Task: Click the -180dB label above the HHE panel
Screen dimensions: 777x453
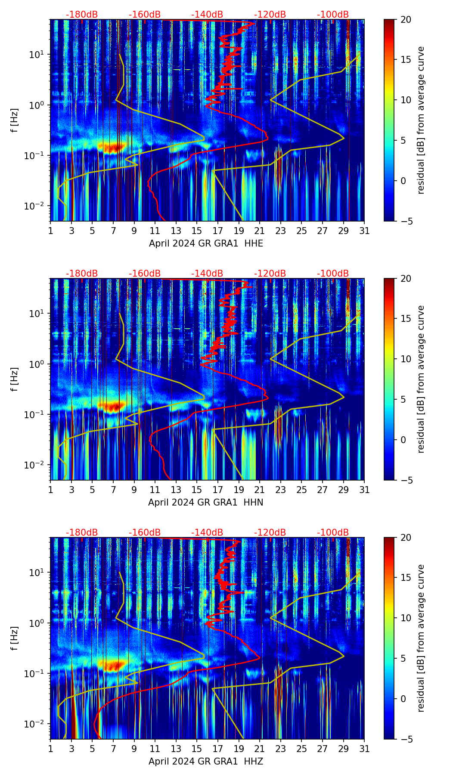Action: point(82,15)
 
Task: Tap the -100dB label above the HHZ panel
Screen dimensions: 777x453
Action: point(333,533)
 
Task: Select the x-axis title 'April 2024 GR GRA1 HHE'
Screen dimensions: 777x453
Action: point(206,244)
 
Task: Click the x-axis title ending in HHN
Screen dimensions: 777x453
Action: point(205,503)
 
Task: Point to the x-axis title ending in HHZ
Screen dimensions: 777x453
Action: point(205,762)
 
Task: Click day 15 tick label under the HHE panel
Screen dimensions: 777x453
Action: point(196,231)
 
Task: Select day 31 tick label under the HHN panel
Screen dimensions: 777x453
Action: point(364,490)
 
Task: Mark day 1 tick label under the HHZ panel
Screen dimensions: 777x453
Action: point(51,749)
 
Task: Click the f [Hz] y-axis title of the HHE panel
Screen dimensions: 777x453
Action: point(15,120)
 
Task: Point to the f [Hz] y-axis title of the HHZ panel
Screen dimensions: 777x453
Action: point(15,638)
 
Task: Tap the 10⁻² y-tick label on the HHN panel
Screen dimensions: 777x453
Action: point(37,465)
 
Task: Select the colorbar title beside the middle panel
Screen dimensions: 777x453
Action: point(421,379)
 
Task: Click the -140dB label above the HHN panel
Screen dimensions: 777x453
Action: point(207,274)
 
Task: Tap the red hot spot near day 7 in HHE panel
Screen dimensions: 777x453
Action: point(111,147)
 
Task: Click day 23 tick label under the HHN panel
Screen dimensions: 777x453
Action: point(280,490)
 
